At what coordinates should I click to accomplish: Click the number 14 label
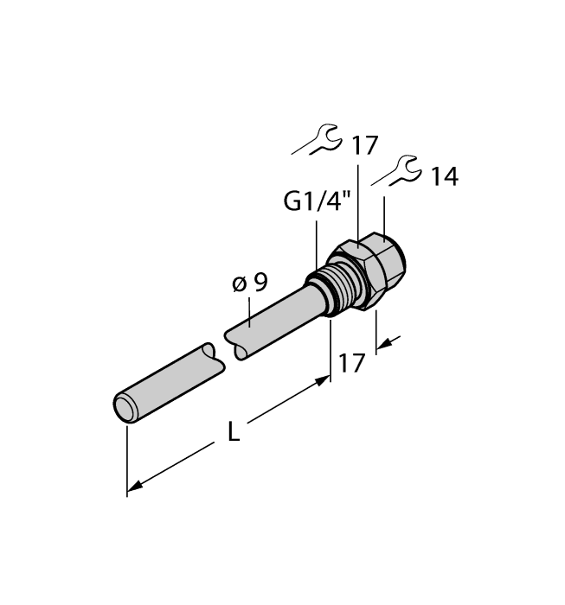click(444, 178)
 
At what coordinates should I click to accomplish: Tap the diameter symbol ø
click(241, 283)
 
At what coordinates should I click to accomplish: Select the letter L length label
click(234, 432)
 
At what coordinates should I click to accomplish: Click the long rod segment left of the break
click(169, 380)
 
